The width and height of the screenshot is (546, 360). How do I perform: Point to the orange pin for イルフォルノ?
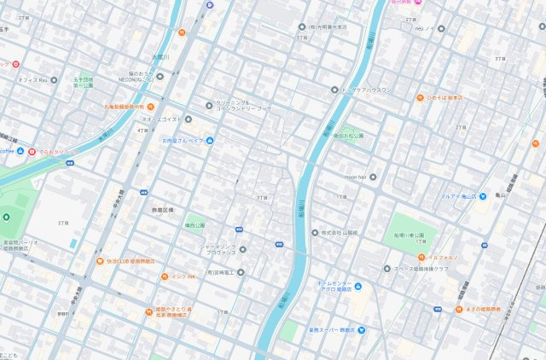point(421,256)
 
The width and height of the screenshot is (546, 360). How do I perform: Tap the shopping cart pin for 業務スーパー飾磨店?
point(362,329)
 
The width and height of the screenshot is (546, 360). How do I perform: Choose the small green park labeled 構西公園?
point(195,226)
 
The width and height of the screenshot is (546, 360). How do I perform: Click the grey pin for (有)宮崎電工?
point(241,272)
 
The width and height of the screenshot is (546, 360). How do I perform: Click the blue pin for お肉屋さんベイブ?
point(210,141)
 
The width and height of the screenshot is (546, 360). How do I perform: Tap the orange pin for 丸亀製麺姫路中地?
point(151,107)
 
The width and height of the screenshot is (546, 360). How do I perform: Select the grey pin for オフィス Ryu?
point(54,80)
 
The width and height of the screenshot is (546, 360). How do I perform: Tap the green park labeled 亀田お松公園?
point(347,136)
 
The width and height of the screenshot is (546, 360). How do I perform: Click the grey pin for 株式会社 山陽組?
point(314,232)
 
